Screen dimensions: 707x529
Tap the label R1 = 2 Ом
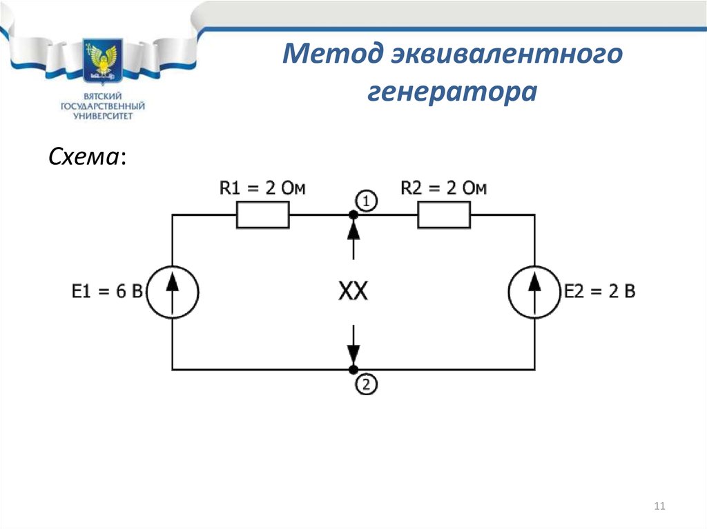coord(262,188)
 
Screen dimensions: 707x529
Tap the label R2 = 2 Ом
coord(444,188)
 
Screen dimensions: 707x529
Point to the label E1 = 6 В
coord(107,291)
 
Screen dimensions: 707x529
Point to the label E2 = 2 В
coord(600,291)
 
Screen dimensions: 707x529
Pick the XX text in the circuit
coord(353,290)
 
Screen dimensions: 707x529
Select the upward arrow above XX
coord(353,238)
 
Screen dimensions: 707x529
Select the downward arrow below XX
coord(353,345)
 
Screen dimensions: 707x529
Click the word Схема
coord(84,157)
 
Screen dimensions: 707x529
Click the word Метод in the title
coord(333,53)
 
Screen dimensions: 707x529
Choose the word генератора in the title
coord(452,92)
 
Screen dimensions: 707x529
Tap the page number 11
coord(659,506)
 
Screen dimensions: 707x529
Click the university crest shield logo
coord(103,61)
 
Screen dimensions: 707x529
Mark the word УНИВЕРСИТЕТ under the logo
coord(104,117)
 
